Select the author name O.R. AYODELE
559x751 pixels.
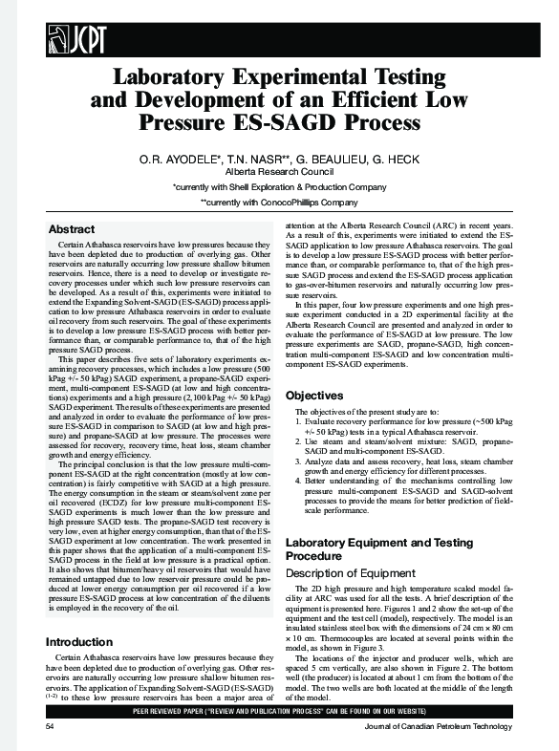(177, 157)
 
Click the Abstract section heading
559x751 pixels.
(72, 229)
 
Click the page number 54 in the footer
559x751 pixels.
(51, 727)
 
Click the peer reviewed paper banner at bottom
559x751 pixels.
(279, 713)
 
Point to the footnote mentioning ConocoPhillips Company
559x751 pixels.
(279, 203)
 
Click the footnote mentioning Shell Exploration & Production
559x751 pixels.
(279, 187)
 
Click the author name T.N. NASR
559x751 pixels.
(252, 157)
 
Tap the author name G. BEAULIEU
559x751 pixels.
(325, 157)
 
